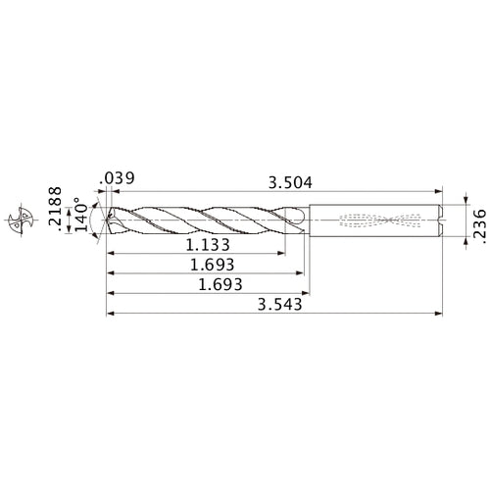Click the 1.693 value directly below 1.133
(210, 265)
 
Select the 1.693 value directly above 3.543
(210, 285)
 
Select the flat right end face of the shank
(442, 220)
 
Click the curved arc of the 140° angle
(96, 218)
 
